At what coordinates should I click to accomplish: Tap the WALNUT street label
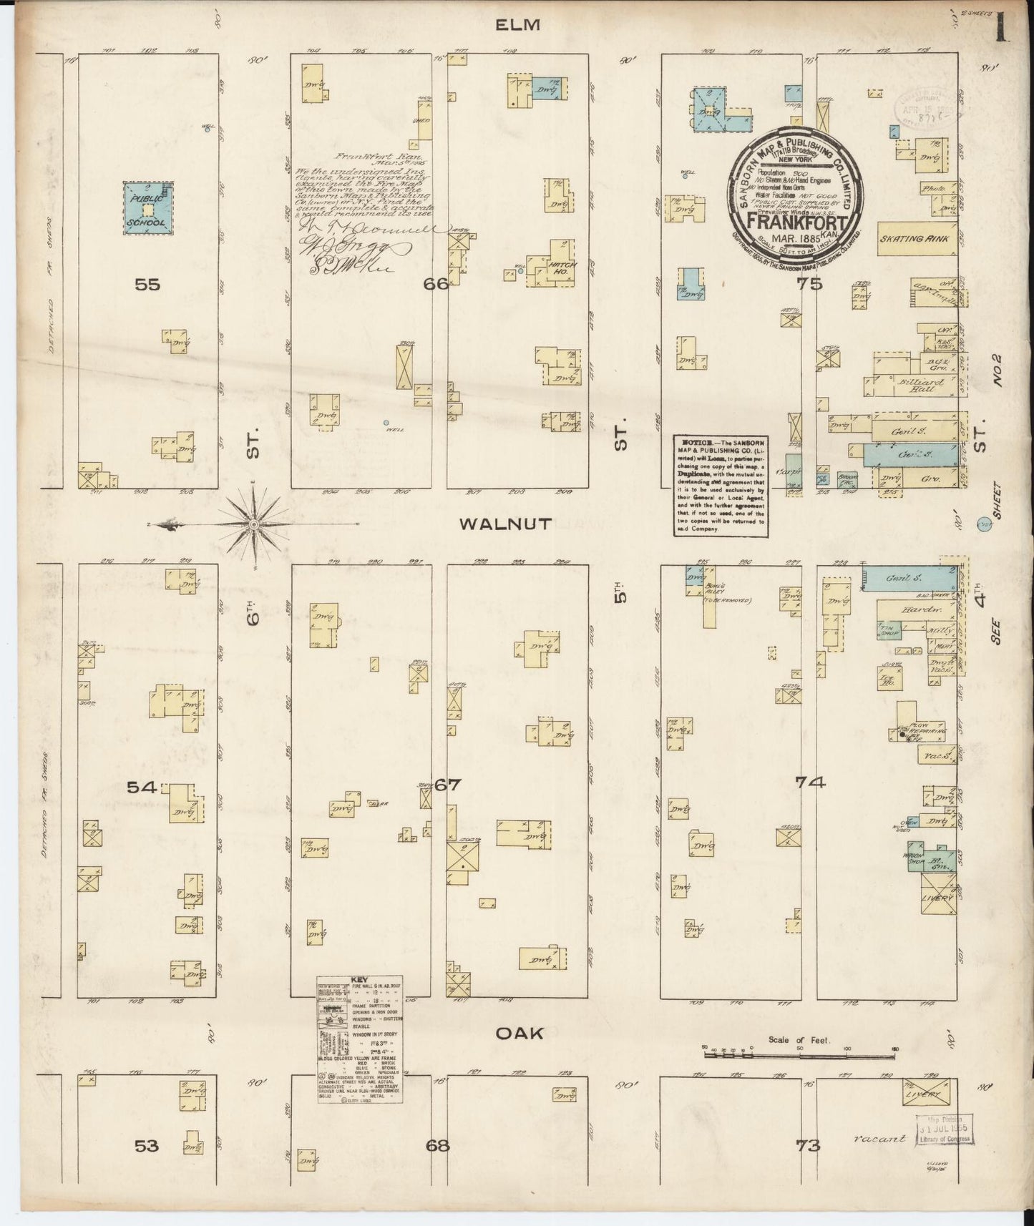pyautogui.click(x=505, y=524)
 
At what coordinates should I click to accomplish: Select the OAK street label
pyautogui.click(x=519, y=1033)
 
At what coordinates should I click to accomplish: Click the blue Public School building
pyautogui.click(x=147, y=207)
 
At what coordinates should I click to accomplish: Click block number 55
pyautogui.click(x=147, y=284)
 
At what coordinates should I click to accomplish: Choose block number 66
pyautogui.click(x=436, y=284)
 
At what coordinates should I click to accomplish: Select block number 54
pyautogui.click(x=142, y=787)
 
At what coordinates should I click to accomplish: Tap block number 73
pyautogui.click(x=808, y=1146)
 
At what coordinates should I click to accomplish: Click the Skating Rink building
pyautogui.click(x=914, y=239)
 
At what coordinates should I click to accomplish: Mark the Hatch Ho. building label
pyautogui.click(x=557, y=268)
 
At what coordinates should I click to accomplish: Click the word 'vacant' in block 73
pyautogui.click(x=879, y=1139)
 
